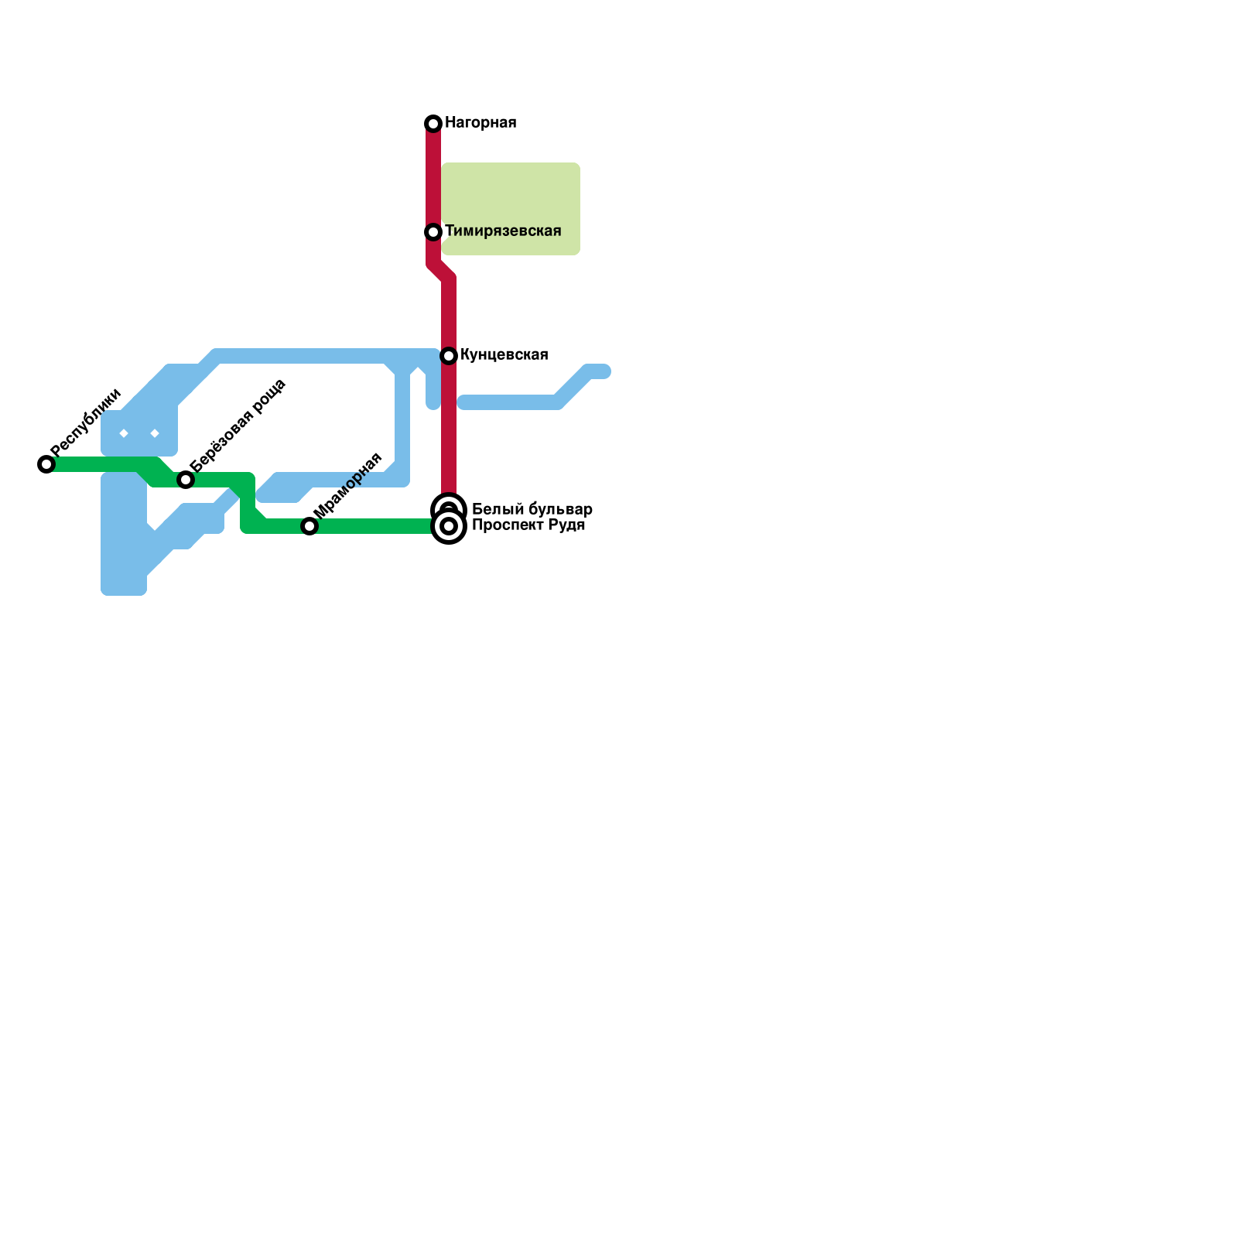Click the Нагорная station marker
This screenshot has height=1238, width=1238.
coord(433,124)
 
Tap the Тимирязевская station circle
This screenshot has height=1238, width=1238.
coord(433,232)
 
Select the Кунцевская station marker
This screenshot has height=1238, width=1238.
coord(449,356)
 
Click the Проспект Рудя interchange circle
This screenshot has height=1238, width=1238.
coord(449,527)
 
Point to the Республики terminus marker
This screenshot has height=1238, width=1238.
coord(46,464)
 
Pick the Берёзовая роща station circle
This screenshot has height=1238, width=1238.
coord(186,480)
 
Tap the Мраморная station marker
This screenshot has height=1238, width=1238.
coord(309,526)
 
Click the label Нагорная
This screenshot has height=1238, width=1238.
coord(480,123)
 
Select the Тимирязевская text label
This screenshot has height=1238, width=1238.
coord(503,231)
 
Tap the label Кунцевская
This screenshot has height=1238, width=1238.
coord(504,355)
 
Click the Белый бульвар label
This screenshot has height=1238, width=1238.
coord(532,509)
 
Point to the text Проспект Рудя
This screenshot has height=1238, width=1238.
coord(528,525)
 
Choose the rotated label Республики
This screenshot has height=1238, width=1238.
coord(86,422)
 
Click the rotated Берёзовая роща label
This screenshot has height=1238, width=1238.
coord(238,426)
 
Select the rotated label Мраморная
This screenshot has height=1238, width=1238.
coord(347,485)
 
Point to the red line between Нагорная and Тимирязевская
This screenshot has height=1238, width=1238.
coord(433,178)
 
